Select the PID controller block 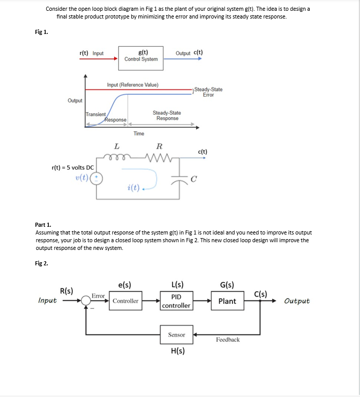176,301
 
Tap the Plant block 227,301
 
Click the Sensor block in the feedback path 176,335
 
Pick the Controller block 125,301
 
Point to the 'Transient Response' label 106,117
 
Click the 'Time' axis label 139,134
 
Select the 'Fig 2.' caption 41,263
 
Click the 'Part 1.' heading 43,225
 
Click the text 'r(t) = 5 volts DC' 73,168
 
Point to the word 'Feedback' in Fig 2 227,340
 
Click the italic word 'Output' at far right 297,301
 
